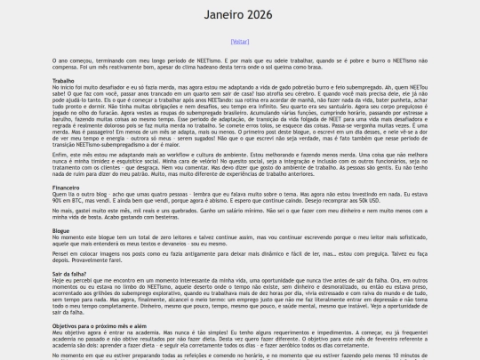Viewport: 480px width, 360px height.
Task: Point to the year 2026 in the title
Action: coord(261,15)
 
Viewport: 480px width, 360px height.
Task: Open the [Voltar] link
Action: coord(239,41)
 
